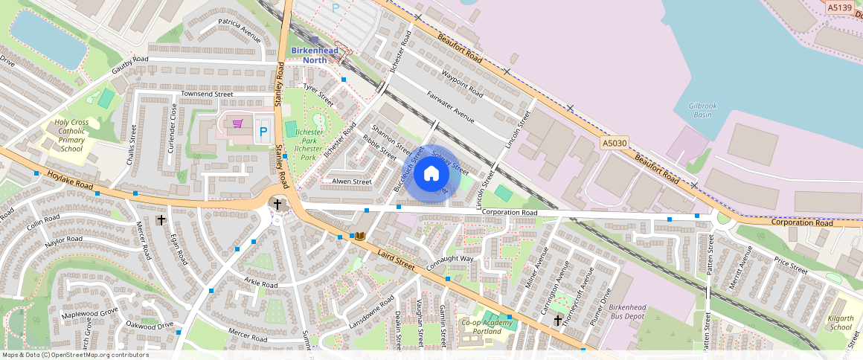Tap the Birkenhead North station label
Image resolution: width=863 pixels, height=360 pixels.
point(314,55)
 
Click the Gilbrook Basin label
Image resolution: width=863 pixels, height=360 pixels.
point(702,110)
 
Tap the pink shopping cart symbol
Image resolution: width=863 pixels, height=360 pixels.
point(238,124)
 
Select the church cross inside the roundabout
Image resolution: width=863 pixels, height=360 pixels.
point(277,204)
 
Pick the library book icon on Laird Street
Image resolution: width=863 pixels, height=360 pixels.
point(360,237)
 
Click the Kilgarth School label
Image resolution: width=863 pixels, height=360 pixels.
point(840,323)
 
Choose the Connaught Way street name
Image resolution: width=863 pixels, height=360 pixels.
point(449,263)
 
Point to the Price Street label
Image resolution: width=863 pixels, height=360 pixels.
point(790,266)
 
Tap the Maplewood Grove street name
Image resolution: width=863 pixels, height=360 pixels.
point(89,312)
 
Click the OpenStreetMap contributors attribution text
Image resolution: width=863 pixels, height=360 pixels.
point(74,355)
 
